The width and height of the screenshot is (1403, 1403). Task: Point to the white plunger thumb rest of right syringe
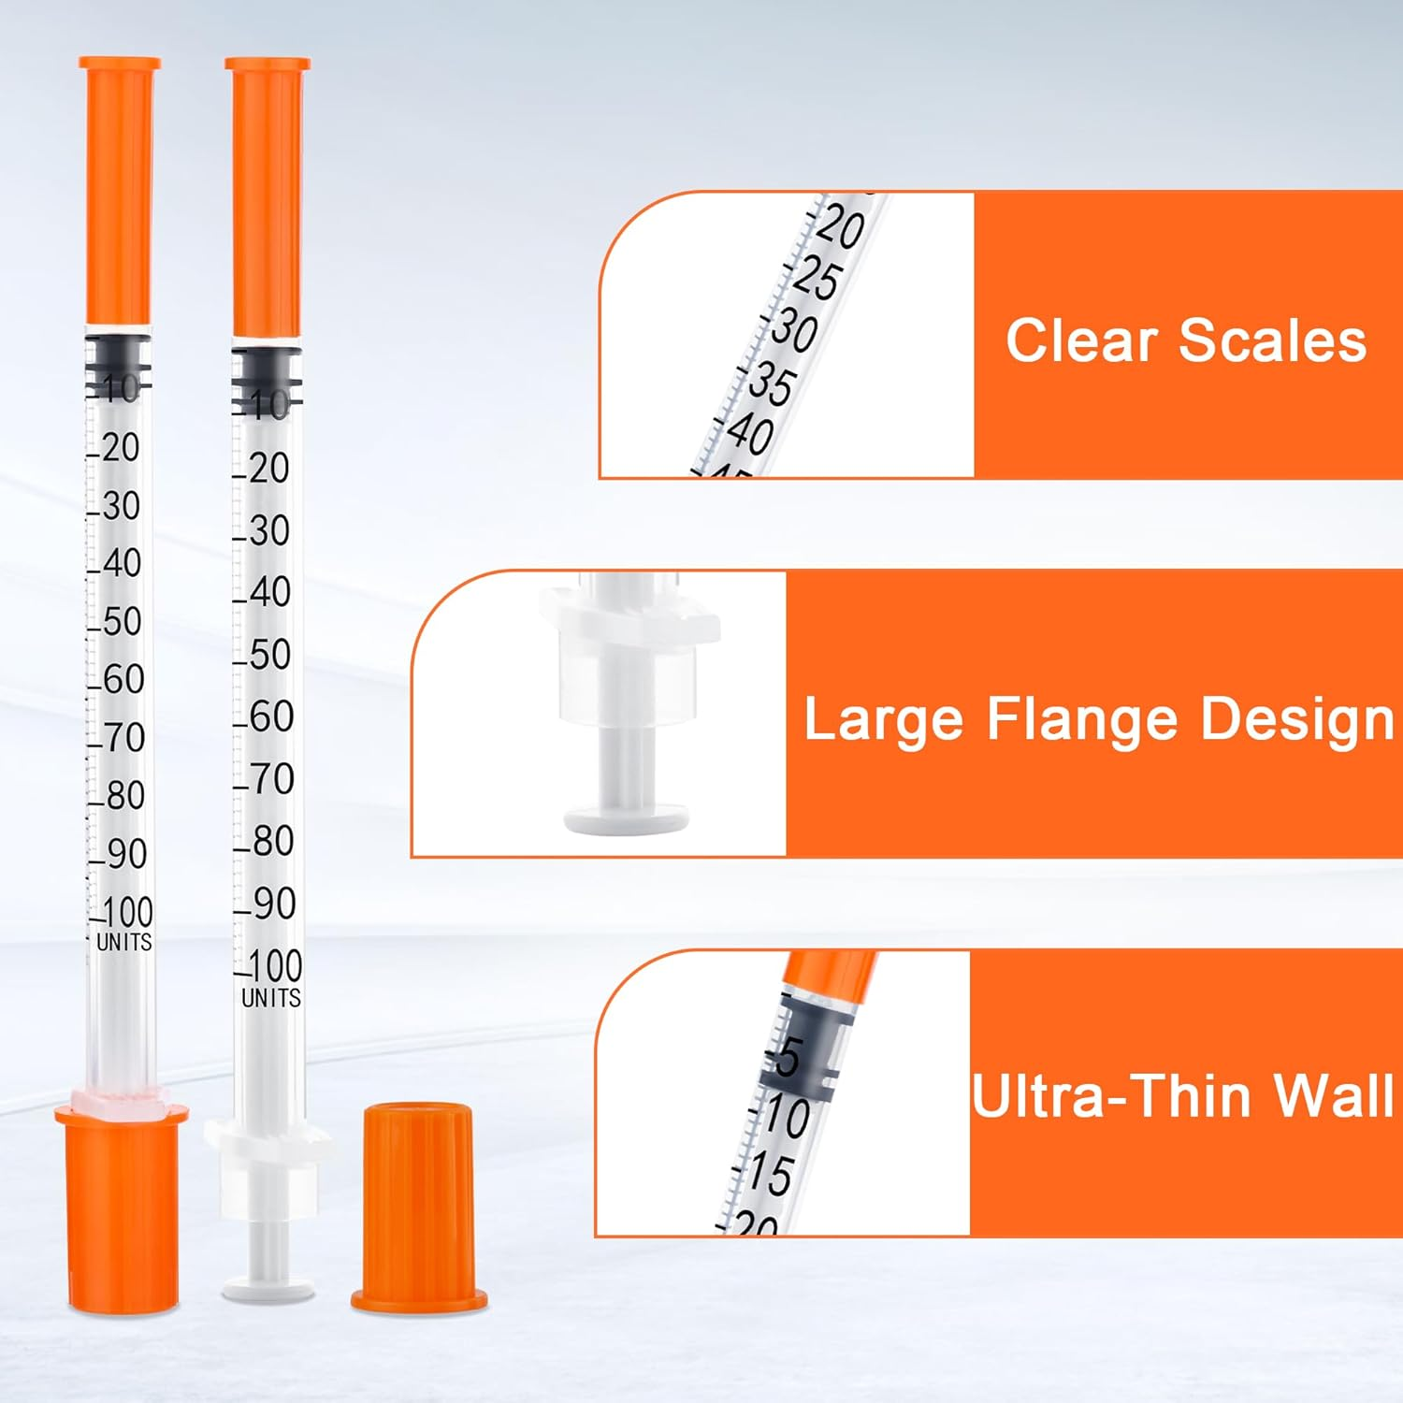click(268, 1291)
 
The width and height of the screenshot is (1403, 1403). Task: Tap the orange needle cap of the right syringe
click(268, 196)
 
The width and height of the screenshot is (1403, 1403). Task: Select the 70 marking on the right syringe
click(272, 778)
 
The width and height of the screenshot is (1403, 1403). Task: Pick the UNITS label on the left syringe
click(123, 942)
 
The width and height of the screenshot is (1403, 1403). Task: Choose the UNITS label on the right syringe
click(271, 998)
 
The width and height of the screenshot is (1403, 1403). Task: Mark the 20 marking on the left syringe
click(120, 448)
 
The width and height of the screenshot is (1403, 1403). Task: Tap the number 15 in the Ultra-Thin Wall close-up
click(771, 1175)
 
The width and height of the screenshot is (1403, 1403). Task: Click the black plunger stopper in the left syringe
click(117, 360)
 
